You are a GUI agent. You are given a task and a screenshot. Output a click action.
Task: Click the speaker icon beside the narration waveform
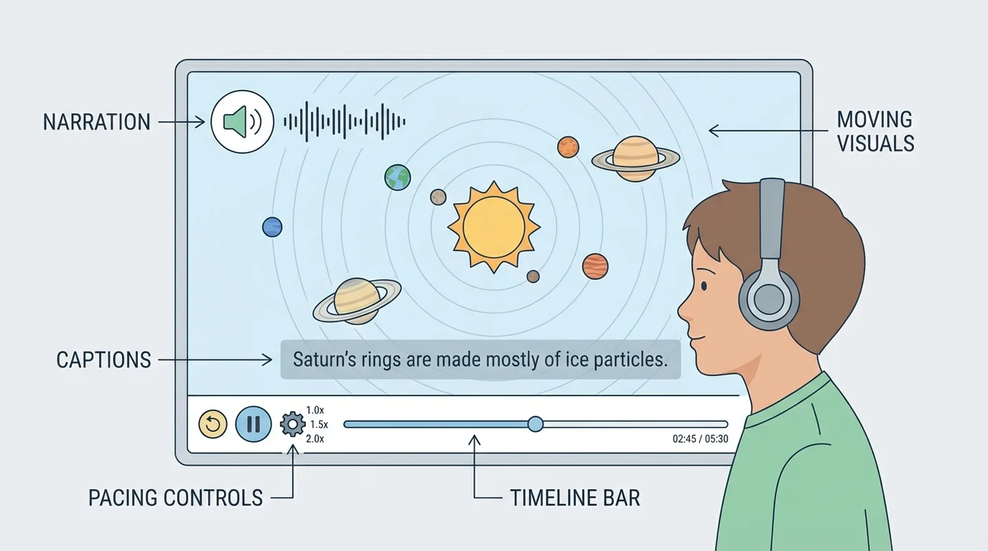point(242,121)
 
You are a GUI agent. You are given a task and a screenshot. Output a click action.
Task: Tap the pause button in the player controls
point(253,424)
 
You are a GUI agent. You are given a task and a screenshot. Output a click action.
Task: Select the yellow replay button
point(213,424)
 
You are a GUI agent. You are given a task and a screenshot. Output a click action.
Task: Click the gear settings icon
point(292,425)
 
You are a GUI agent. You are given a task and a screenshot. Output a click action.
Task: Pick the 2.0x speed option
point(315,438)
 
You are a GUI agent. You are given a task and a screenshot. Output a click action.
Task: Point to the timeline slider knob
point(535,424)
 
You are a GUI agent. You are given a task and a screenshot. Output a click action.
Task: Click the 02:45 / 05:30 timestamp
point(700,439)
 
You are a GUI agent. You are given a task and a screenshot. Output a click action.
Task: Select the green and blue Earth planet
point(397,177)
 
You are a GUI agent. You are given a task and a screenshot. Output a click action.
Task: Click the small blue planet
point(272,227)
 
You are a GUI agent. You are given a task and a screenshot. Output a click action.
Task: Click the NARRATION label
point(97,122)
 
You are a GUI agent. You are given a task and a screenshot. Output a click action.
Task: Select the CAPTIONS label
point(104,359)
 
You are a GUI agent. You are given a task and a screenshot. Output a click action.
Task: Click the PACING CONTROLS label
point(176,497)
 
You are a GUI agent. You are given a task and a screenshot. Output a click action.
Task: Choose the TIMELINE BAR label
point(574,497)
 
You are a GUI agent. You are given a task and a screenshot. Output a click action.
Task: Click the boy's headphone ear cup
point(769,299)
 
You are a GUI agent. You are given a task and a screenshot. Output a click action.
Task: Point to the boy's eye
point(704,286)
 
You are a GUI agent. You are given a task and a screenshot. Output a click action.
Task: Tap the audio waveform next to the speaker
point(345,121)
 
